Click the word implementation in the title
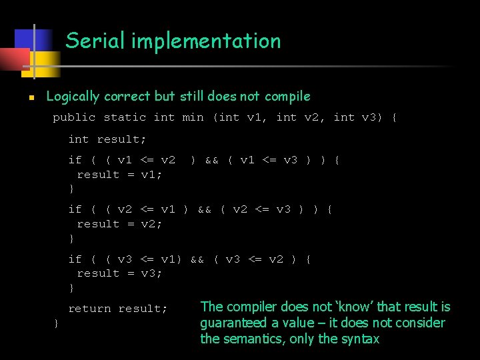point(206,41)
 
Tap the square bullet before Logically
point(31,97)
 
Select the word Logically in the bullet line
point(73,97)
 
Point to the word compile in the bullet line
point(287,97)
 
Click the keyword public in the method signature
point(74,117)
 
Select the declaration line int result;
point(107,139)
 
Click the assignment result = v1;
point(119,175)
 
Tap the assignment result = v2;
point(119,224)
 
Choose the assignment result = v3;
point(119,273)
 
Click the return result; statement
point(117,309)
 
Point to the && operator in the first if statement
point(212,160)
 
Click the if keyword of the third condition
point(75,259)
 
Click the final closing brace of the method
point(56,323)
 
